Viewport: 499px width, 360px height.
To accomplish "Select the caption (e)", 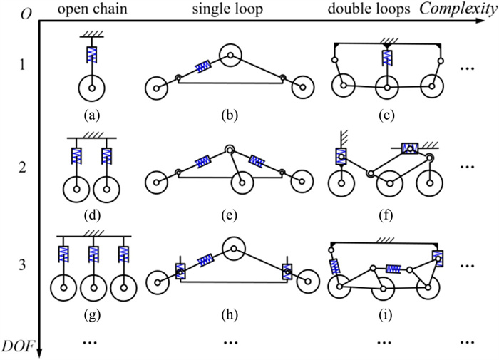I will tap(230, 215).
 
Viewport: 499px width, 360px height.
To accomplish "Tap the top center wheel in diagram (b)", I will tap(230, 54).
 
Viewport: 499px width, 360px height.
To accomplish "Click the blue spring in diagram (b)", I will tap(201, 66).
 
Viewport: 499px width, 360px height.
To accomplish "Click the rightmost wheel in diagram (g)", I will tap(124, 288).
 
